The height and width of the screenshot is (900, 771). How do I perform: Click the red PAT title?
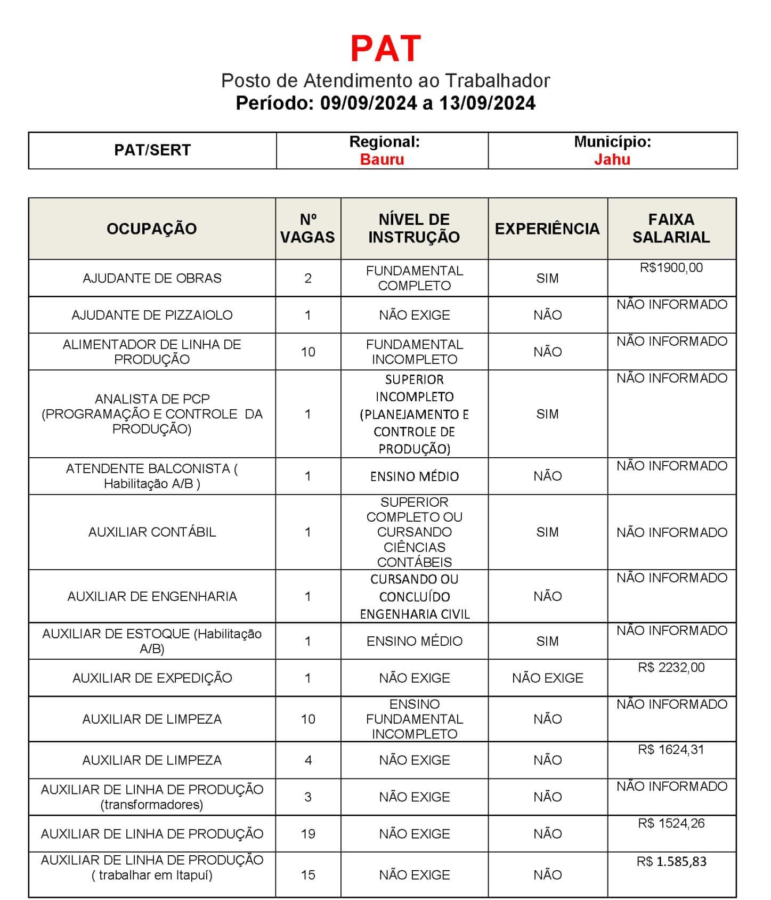tap(386, 48)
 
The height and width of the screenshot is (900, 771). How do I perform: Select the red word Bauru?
tap(382, 159)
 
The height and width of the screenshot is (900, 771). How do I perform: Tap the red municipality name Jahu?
tap(612, 159)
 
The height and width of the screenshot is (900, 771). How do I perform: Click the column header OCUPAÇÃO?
tap(152, 229)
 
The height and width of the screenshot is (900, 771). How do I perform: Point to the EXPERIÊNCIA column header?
tap(547, 229)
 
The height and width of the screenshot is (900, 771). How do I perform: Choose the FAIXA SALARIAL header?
tap(671, 229)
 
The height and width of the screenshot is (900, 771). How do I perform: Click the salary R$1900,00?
tap(671, 267)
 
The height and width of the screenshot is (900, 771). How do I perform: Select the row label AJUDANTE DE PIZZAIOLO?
tap(152, 315)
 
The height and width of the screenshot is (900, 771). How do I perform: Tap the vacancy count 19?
tap(308, 834)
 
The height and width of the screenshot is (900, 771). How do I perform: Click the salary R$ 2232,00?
tap(671, 668)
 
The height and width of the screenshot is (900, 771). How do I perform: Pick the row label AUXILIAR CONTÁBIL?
tap(152, 532)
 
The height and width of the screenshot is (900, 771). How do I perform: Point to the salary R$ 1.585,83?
tap(671, 862)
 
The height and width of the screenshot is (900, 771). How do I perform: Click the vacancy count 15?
tap(308, 875)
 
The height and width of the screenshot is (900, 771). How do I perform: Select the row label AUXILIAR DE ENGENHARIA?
tap(152, 596)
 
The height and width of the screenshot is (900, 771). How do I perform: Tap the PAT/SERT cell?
tap(152, 150)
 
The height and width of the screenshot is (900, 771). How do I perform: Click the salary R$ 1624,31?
tap(671, 750)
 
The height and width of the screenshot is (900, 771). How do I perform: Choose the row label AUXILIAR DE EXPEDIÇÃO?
tap(152, 678)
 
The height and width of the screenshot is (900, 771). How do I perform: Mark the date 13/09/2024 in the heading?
tap(487, 103)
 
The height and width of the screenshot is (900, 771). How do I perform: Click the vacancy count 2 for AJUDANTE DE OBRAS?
tap(308, 278)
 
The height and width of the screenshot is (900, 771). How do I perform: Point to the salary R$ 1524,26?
tap(671, 823)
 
